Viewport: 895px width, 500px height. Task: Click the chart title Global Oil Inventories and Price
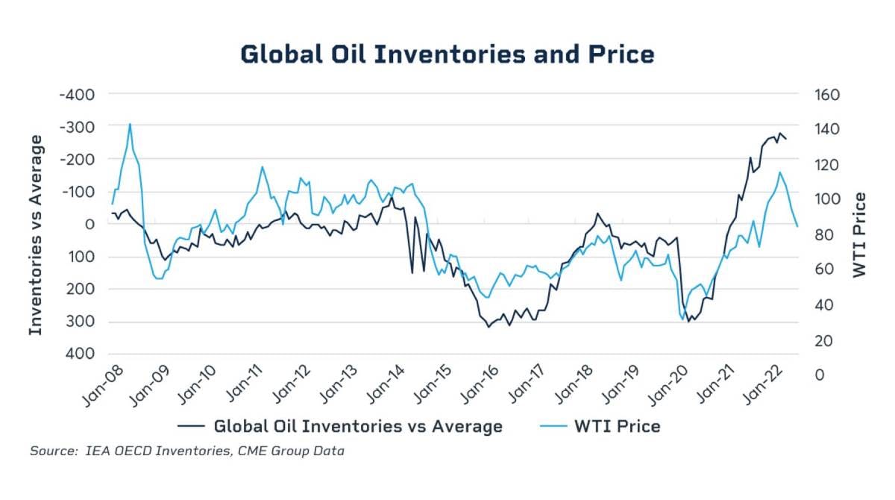[447, 54]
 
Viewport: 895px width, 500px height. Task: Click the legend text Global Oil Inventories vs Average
[358, 426]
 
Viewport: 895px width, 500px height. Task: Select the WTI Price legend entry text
[617, 426]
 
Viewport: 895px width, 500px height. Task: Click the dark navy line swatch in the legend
[192, 426]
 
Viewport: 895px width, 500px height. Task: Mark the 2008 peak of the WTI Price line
[130, 124]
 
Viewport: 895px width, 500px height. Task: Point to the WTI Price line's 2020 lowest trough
[682, 320]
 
